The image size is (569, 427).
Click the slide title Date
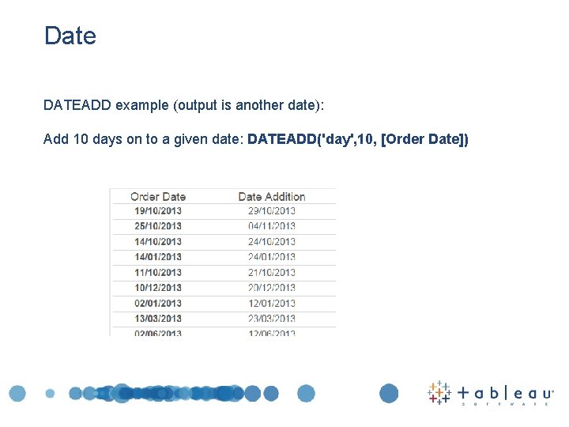click(x=70, y=36)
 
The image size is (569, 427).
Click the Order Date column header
click(x=158, y=196)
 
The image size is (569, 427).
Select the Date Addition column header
click(x=271, y=196)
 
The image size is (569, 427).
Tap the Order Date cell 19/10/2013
click(x=158, y=210)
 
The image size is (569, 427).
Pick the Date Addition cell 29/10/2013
click(x=271, y=210)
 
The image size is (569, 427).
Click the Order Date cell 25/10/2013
click(x=158, y=226)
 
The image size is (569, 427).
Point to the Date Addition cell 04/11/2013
click(x=271, y=226)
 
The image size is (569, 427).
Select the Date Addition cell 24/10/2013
click(x=271, y=241)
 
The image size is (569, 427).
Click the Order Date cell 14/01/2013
click(x=158, y=256)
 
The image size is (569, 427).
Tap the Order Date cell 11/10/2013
click(x=158, y=272)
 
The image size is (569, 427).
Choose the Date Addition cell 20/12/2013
click(x=271, y=287)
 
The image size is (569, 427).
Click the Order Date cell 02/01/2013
click(x=158, y=303)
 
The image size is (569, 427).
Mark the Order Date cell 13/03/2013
click(x=158, y=318)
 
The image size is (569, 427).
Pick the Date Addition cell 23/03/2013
click(x=271, y=318)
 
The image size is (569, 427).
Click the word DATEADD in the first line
click(x=77, y=105)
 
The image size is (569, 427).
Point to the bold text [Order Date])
click(x=425, y=139)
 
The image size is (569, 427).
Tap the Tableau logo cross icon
click(x=439, y=392)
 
